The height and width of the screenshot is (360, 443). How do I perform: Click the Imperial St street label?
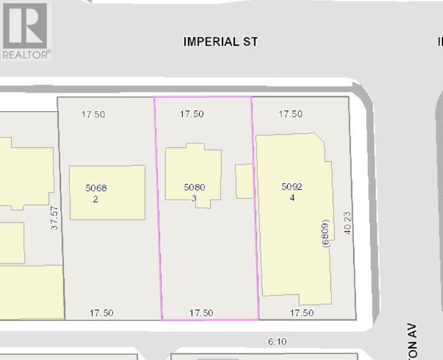point(220,42)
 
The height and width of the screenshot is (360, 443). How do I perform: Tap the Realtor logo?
point(26,30)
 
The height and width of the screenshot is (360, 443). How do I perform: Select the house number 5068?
point(96,188)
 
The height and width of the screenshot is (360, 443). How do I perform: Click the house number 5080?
point(194,187)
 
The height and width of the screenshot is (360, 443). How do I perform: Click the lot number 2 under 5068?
point(96,199)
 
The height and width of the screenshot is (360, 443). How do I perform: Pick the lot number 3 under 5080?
point(194,198)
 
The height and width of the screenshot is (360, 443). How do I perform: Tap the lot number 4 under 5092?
point(292,198)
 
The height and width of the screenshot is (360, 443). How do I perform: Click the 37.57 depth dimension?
point(54,218)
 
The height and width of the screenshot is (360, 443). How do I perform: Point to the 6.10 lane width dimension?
point(276,341)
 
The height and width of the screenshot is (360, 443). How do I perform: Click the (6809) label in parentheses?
point(326,233)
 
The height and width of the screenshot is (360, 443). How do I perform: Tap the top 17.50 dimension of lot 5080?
point(192,114)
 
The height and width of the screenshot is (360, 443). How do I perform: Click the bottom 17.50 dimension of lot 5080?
point(201,313)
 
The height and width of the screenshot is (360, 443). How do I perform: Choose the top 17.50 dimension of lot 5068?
point(93,114)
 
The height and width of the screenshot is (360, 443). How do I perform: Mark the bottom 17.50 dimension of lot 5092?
point(302,313)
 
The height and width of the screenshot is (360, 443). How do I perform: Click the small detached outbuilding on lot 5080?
point(244,181)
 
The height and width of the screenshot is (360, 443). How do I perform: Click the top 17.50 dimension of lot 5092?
point(290,114)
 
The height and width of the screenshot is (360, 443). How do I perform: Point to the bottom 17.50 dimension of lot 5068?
point(101,313)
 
